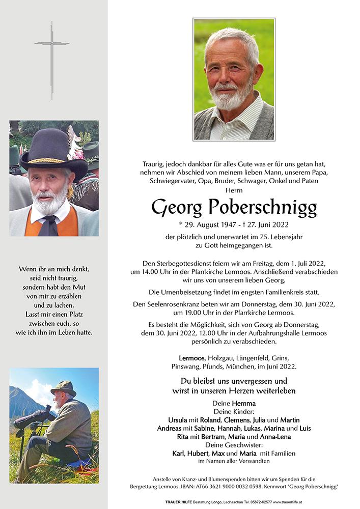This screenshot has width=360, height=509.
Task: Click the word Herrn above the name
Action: pyautogui.click(x=234, y=189)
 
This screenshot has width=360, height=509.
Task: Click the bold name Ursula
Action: pyautogui.click(x=179, y=419)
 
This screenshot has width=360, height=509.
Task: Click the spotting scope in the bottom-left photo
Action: pyautogui.click(x=36, y=412)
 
